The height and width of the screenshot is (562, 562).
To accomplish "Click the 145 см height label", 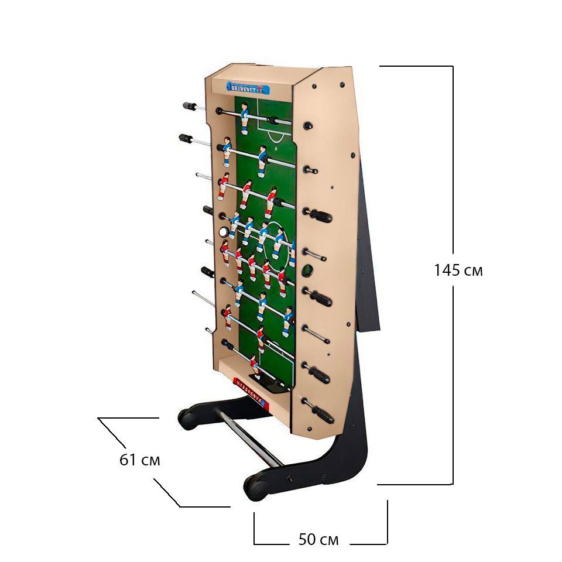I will click(x=458, y=270).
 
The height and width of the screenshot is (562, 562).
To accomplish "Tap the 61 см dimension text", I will click(x=139, y=460).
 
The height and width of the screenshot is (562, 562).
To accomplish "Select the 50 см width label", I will click(x=318, y=539).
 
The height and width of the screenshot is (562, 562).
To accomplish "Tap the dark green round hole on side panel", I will click(x=307, y=270).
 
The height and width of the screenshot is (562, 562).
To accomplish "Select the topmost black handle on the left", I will click(x=190, y=107).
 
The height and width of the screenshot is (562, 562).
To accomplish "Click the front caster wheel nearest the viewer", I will click(x=255, y=488).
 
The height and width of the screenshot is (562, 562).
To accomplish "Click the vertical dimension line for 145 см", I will click(x=453, y=176).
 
